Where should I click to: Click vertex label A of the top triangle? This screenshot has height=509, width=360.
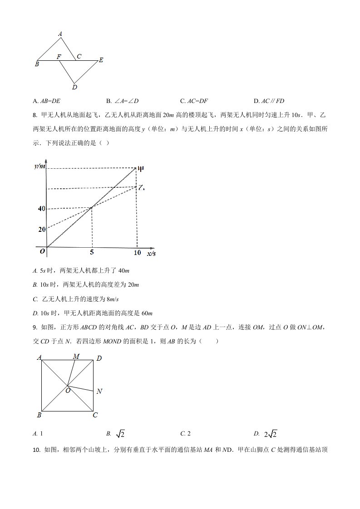(x=60, y=33)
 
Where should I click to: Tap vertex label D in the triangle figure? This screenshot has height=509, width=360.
(x=74, y=87)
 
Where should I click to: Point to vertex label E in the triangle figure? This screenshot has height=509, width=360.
(x=101, y=60)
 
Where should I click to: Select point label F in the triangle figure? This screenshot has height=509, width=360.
(x=59, y=56)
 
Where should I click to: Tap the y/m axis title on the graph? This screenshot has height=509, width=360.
(x=40, y=166)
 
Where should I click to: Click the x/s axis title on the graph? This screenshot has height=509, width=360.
(x=152, y=253)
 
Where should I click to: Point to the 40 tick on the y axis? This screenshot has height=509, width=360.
(x=42, y=209)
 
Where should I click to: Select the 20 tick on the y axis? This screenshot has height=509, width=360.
(x=42, y=230)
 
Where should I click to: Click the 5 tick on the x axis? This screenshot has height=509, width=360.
(x=92, y=253)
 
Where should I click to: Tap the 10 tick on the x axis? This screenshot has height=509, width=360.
(x=137, y=253)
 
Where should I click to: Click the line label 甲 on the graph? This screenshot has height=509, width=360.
(x=141, y=169)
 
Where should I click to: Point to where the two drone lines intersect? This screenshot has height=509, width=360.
(x=92, y=207)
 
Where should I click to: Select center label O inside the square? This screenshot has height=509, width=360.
(x=68, y=390)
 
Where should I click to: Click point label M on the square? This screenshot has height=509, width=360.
(x=76, y=357)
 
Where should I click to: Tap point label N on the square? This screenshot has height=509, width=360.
(x=99, y=391)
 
